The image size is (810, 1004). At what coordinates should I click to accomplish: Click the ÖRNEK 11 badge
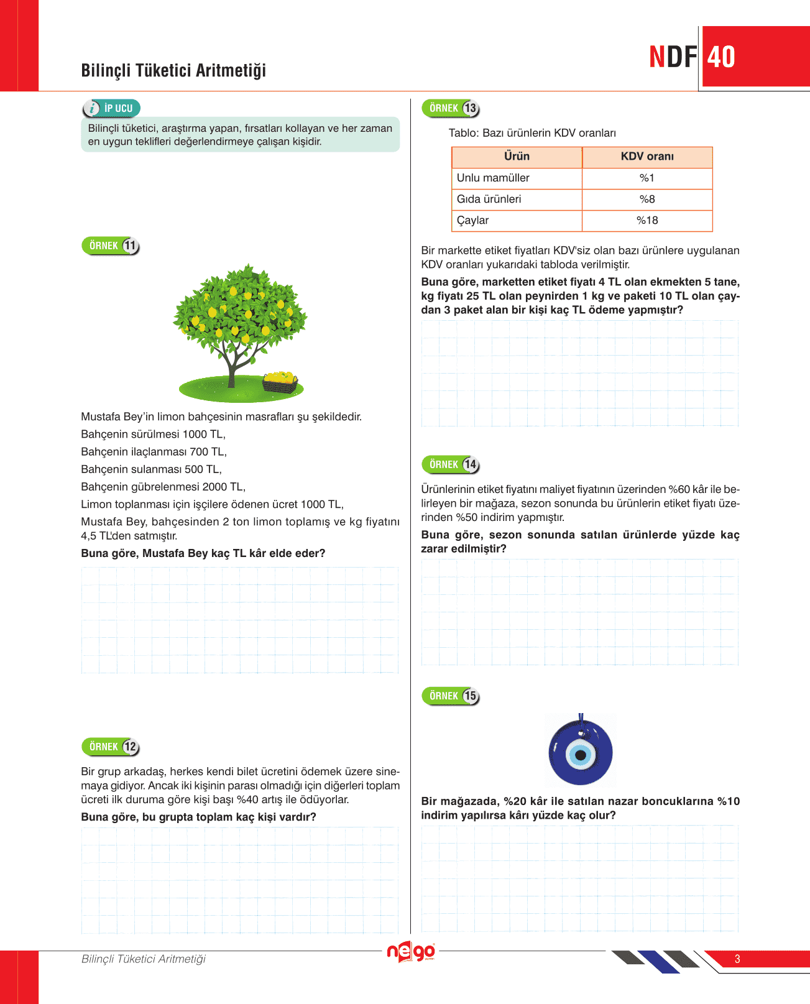coord(111,246)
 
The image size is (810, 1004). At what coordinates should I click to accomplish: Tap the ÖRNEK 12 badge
coord(111,747)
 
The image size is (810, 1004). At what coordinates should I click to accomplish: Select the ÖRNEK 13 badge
coord(451,108)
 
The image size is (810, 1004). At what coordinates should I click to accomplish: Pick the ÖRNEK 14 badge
coord(451,464)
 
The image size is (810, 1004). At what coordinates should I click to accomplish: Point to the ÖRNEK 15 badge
coord(451,696)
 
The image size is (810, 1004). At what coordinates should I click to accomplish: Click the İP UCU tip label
coord(112,108)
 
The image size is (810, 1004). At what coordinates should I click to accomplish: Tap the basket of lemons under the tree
coord(280,382)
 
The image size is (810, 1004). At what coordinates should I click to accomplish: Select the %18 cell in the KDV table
coord(647,221)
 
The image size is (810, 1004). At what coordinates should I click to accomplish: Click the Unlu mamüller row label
coord(493,178)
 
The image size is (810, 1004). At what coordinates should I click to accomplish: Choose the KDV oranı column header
coord(647,157)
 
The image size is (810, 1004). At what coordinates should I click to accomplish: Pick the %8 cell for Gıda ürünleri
coord(647,199)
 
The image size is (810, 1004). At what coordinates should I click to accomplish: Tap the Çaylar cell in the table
coord(473,221)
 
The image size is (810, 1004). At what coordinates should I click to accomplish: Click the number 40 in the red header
coord(721,57)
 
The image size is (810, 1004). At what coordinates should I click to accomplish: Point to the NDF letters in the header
coord(673,57)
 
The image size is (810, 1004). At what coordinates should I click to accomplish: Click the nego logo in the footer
coord(411,952)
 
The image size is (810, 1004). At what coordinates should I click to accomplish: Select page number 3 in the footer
coord(737,959)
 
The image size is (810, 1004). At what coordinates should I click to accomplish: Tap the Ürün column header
coord(517,157)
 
